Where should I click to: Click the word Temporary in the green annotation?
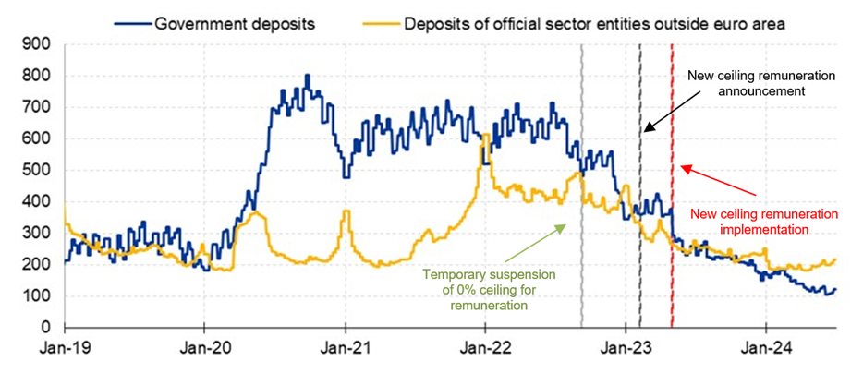(458, 274)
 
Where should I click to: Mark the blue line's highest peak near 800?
(308, 76)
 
